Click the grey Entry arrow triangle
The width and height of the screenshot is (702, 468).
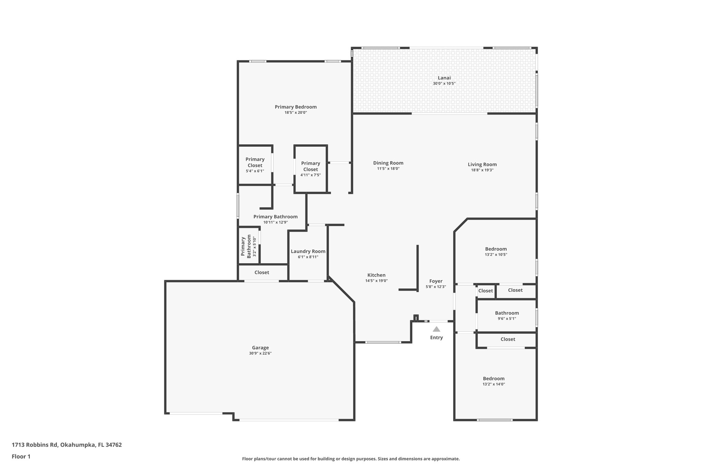pos(436,329)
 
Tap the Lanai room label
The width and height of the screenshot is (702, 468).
pos(444,78)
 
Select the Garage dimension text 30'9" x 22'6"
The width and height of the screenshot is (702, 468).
pos(260,353)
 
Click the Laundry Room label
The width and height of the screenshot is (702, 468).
pos(308,251)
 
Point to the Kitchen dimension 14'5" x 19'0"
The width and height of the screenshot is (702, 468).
pos(376,281)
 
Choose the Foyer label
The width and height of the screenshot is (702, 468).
pos(436,281)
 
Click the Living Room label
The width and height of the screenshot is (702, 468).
pos(482,165)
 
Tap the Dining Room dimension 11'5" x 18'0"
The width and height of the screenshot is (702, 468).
pos(388,169)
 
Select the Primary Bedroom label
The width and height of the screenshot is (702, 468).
pos(295,107)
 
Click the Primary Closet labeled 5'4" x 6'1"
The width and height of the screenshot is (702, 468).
pos(255,165)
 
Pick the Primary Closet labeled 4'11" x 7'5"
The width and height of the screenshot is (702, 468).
pos(310,169)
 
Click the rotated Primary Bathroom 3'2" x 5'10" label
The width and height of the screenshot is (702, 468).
pos(249,246)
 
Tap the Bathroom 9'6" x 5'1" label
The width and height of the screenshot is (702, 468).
pos(507,313)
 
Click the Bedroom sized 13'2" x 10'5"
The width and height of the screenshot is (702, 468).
pos(496,249)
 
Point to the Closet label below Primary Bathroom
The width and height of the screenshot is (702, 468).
pos(262,273)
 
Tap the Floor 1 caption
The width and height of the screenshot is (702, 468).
pos(21,457)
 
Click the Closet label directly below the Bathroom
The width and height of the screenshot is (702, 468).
pos(508,339)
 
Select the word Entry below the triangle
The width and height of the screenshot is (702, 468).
pos(436,338)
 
